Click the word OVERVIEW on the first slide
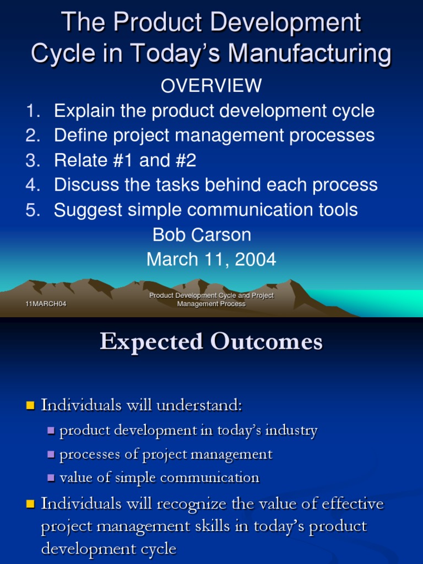pyautogui.click(x=211, y=85)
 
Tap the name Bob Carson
pyautogui.click(x=202, y=235)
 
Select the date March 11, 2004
pyautogui.click(x=211, y=259)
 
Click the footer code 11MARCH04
pyautogui.click(x=46, y=304)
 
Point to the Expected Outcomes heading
pyautogui.click(x=211, y=342)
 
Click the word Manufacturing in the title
pyautogui.click(x=310, y=53)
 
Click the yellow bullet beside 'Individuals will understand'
pyautogui.click(x=30, y=406)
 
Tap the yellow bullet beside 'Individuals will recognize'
pyautogui.click(x=30, y=504)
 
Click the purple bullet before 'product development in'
pyautogui.click(x=51, y=431)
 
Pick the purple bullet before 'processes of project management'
pyautogui.click(x=51, y=454)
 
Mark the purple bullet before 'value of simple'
pyautogui.click(x=51, y=478)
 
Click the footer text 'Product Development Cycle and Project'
pyautogui.click(x=211, y=296)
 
